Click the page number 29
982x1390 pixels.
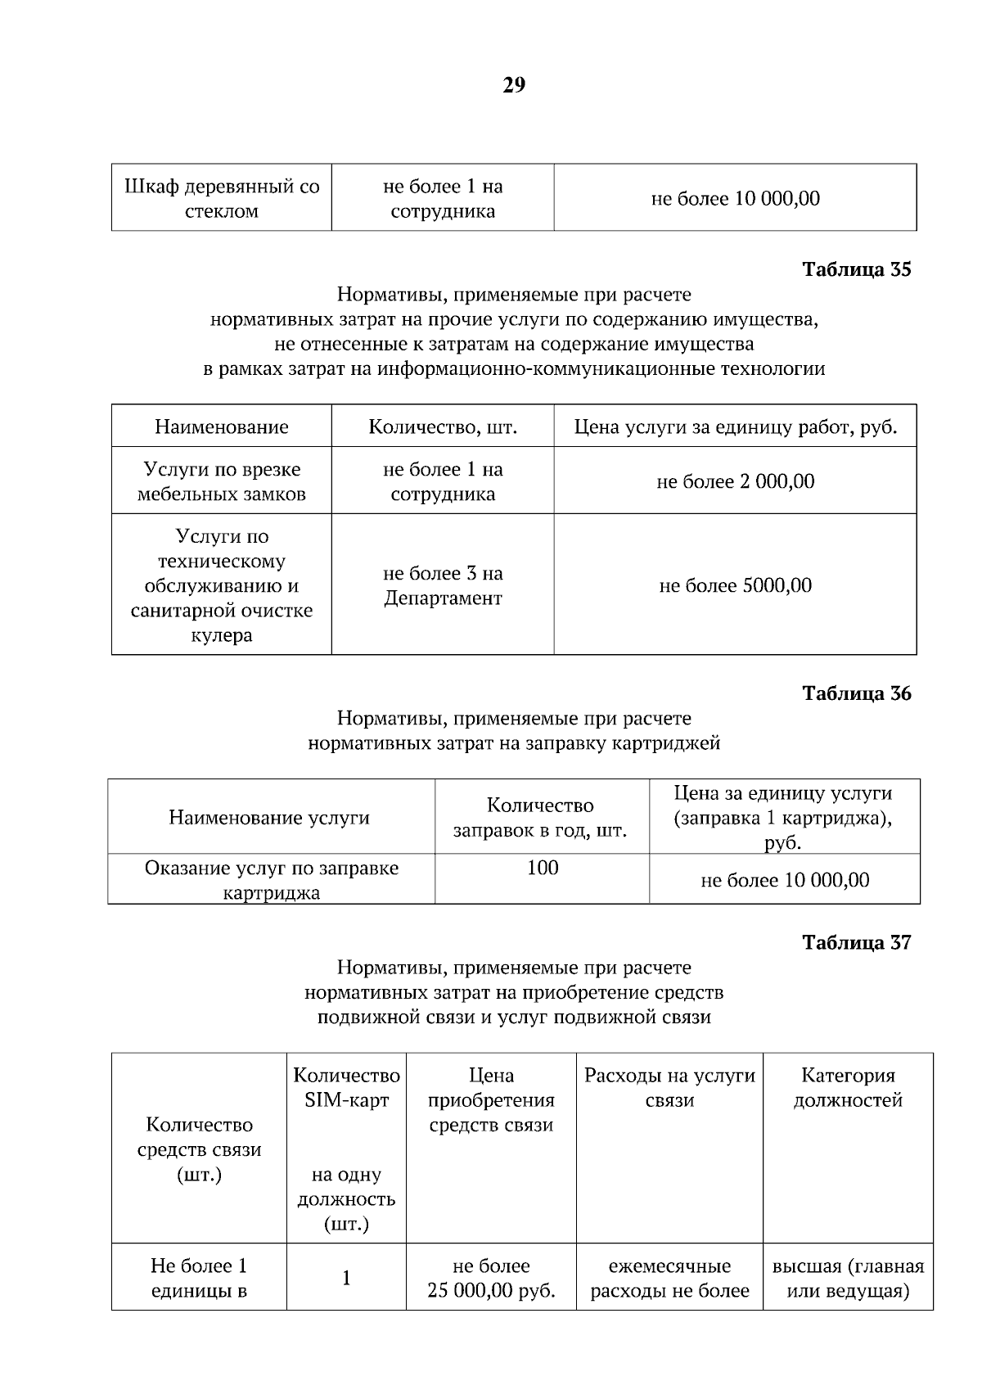[x=513, y=85]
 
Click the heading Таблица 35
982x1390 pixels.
[x=856, y=269]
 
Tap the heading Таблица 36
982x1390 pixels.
[x=856, y=693]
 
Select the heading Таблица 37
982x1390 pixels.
[x=856, y=942]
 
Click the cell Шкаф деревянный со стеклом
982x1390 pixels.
[x=222, y=198]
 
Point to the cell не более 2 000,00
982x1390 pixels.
[x=735, y=481]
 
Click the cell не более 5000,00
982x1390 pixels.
[x=735, y=585]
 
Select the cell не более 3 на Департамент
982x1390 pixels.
[x=443, y=585]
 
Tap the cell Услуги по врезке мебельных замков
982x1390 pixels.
[x=222, y=481]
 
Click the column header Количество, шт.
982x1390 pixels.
[x=443, y=426]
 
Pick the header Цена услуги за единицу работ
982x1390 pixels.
[x=735, y=426]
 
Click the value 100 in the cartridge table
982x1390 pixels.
[x=543, y=868]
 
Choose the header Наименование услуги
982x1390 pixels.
[x=269, y=817]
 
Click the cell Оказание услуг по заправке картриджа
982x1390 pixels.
[x=271, y=880]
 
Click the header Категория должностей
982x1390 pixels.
[x=848, y=1087]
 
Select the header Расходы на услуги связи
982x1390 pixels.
[x=669, y=1087]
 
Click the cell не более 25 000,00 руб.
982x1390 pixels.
[x=491, y=1278]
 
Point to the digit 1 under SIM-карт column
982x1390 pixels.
[x=346, y=1278]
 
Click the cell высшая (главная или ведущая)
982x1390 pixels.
[x=848, y=1278]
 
